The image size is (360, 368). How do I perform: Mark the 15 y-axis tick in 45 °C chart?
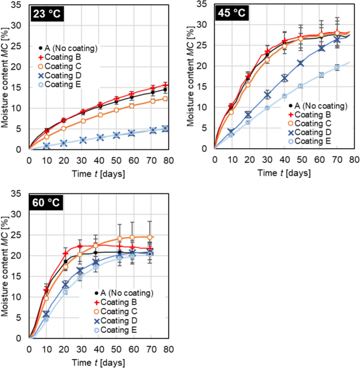click(204, 87)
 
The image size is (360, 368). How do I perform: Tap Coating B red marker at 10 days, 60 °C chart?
click(46, 290)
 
